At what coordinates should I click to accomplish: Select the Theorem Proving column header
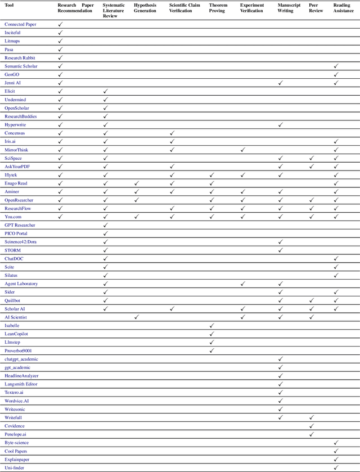point(217,7)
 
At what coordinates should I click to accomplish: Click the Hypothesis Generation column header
point(145,7)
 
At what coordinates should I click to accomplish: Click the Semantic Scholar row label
point(21,66)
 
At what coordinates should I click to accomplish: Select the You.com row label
point(14,217)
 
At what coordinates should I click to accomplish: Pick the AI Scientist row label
point(16,317)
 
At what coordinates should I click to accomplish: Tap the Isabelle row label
point(12,326)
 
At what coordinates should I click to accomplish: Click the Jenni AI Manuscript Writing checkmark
point(281,83)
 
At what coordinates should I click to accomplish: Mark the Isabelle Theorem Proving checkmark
point(211,326)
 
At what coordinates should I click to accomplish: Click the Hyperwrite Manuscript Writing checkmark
point(281,125)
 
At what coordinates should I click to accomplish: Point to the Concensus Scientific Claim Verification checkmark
point(172,133)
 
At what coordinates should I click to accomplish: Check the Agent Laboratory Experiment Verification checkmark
point(243,284)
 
